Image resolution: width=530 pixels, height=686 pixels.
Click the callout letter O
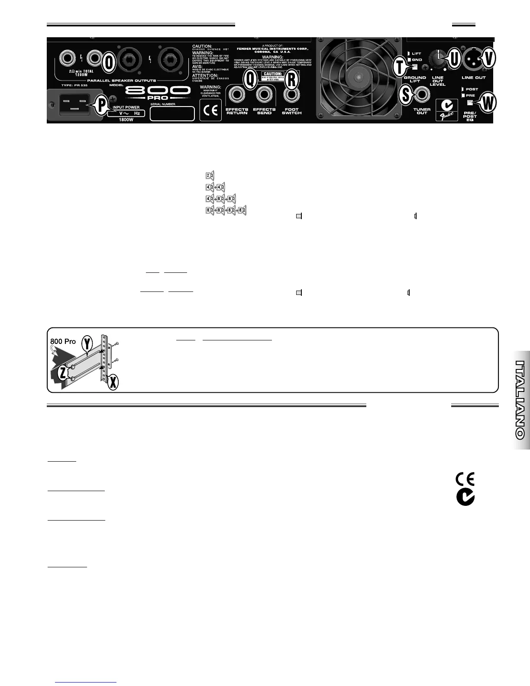110,63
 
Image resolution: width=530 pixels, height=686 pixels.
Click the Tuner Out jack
422,94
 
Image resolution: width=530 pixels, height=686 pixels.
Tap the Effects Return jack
237,94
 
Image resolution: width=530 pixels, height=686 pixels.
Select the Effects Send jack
264,94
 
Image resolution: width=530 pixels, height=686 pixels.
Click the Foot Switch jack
291,94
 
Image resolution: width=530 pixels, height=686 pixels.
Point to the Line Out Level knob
437,59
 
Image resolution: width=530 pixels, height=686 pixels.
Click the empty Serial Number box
172,113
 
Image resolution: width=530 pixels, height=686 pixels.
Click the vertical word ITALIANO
521,399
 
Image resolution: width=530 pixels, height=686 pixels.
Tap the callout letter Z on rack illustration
63,373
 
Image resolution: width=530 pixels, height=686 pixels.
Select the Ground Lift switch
415,67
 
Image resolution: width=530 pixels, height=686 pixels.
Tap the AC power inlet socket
71,105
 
